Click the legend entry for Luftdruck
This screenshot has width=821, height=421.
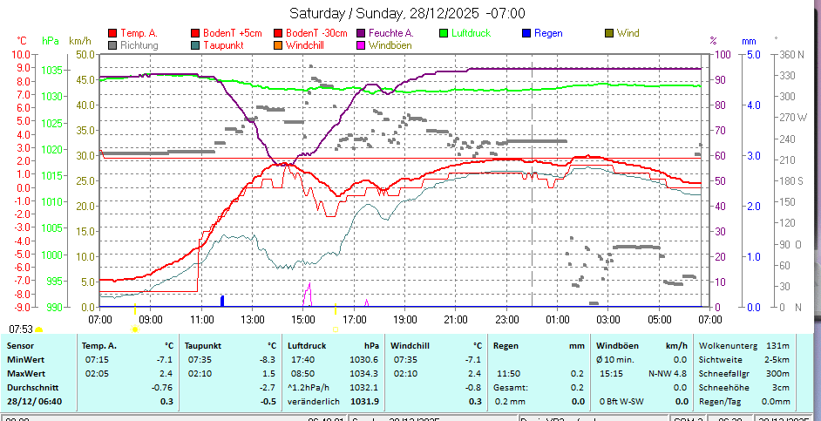(x=471, y=33)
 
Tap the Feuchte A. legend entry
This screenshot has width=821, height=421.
(x=390, y=33)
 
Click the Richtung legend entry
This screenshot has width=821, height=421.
(x=139, y=44)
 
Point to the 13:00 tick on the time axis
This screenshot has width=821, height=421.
(x=253, y=318)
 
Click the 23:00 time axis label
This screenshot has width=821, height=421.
(x=507, y=318)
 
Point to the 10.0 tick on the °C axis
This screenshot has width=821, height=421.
(x=21, y=54)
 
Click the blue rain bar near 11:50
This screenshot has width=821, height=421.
(x=222, y=301)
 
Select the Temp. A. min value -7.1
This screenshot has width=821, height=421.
(x=163, y=359)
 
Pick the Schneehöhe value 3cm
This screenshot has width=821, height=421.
(x=781, y=387)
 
